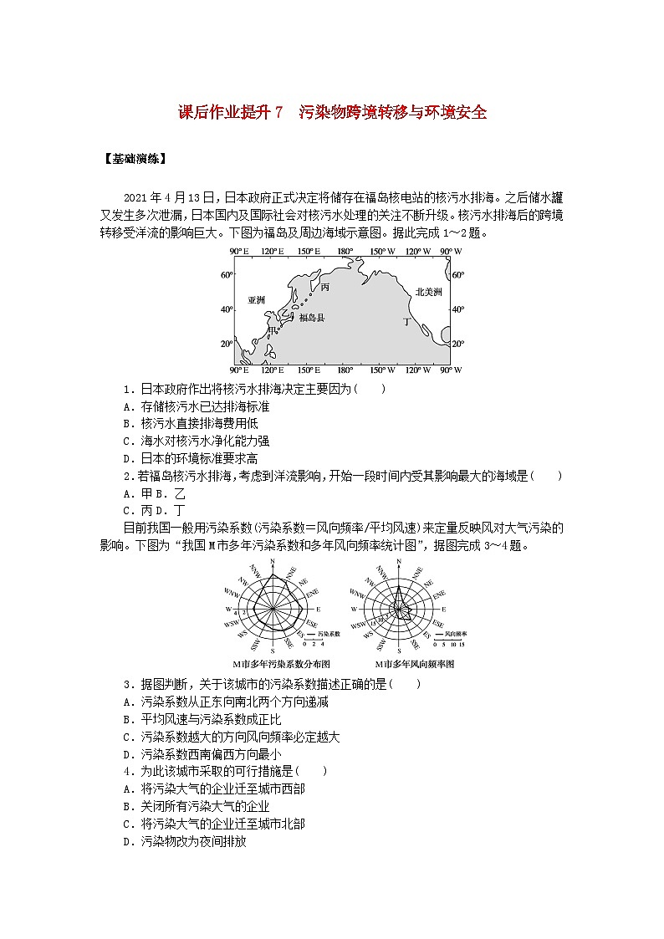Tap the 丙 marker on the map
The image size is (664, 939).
point(325,287)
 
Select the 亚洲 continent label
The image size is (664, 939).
point(256,300)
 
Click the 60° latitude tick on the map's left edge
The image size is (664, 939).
point(226,275)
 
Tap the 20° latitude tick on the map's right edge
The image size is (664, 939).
point(457,344)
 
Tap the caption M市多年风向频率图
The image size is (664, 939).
point(402,663)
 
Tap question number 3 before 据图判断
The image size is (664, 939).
point(126,684)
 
